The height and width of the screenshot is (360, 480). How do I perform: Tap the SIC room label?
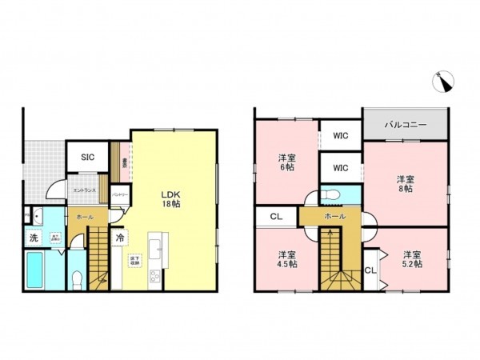tap(87, 157)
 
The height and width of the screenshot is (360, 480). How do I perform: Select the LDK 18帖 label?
tap(170, 198)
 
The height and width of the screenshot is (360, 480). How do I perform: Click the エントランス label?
tap(84, 190)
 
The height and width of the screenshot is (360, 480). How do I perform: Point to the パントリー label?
tap(120, 194)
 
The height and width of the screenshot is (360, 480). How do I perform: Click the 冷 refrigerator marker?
tap(119, 238)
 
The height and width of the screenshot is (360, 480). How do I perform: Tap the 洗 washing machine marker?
tap(34, 238)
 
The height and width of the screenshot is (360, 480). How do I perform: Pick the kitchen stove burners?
tap(154, 277)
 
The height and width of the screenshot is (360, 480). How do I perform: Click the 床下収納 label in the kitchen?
tap(134, 259)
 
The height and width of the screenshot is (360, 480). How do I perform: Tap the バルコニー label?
tap(404, 126)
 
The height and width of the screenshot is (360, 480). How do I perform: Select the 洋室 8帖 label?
tap(406, 184)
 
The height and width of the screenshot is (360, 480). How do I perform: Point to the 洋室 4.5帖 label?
tap(286, 260)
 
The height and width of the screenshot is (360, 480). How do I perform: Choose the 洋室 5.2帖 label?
tap(411, 260)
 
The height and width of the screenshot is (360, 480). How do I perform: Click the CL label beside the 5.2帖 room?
tap(370, 270)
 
